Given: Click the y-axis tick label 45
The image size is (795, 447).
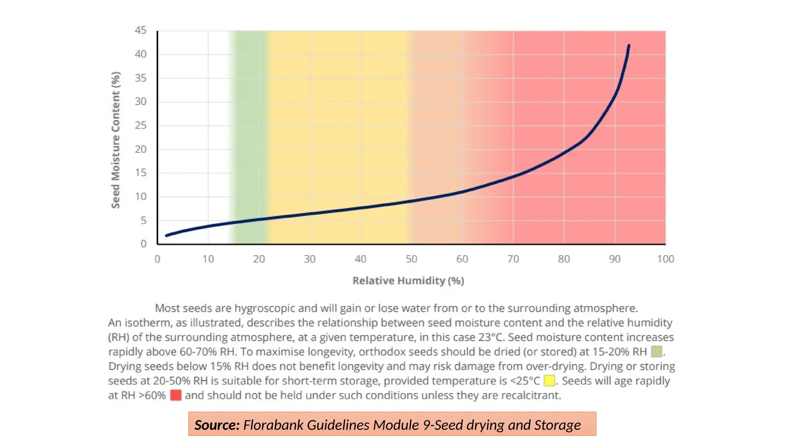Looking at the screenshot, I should (141, 30).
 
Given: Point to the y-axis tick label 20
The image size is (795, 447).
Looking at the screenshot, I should (141, 149).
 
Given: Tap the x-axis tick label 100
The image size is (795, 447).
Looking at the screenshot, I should (665, 259).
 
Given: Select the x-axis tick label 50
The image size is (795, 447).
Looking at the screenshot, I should (411, 259).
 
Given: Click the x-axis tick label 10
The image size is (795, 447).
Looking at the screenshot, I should (208, 259).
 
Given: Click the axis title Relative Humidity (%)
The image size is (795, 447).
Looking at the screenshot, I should (408, 281).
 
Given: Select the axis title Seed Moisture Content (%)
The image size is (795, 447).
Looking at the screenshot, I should (116, 140).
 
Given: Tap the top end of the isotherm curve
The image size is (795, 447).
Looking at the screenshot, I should (629, 46).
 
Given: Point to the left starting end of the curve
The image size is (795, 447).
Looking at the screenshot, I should (167, 235).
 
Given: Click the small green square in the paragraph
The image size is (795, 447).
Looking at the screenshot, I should (656, 352).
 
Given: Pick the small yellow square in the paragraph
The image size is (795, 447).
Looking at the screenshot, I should (549, 381).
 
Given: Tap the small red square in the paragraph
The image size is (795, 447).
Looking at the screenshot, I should (176, 395).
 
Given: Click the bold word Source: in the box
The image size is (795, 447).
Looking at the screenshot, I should (217, 425).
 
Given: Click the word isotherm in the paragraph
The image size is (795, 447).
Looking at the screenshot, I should (149, 323).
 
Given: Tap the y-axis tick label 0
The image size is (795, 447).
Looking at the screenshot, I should (144, 244).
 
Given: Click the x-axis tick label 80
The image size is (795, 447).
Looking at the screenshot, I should (564, 259).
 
